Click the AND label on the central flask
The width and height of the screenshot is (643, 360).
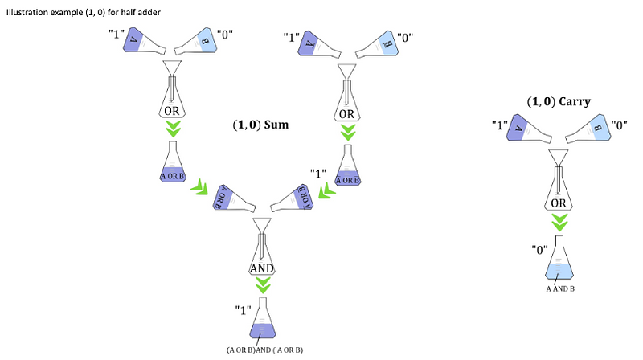(262, 268)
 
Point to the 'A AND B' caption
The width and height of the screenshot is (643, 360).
(559, 288)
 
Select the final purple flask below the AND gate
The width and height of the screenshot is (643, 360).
(264, 321)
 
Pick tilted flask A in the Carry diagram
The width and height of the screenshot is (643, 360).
(522, 129)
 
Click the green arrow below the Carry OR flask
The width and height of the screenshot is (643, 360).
(559, 222)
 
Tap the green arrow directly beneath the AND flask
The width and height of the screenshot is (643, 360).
(263, 286)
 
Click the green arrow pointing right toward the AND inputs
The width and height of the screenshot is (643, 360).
(198, 189)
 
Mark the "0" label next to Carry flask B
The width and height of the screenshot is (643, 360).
(620, 125)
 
